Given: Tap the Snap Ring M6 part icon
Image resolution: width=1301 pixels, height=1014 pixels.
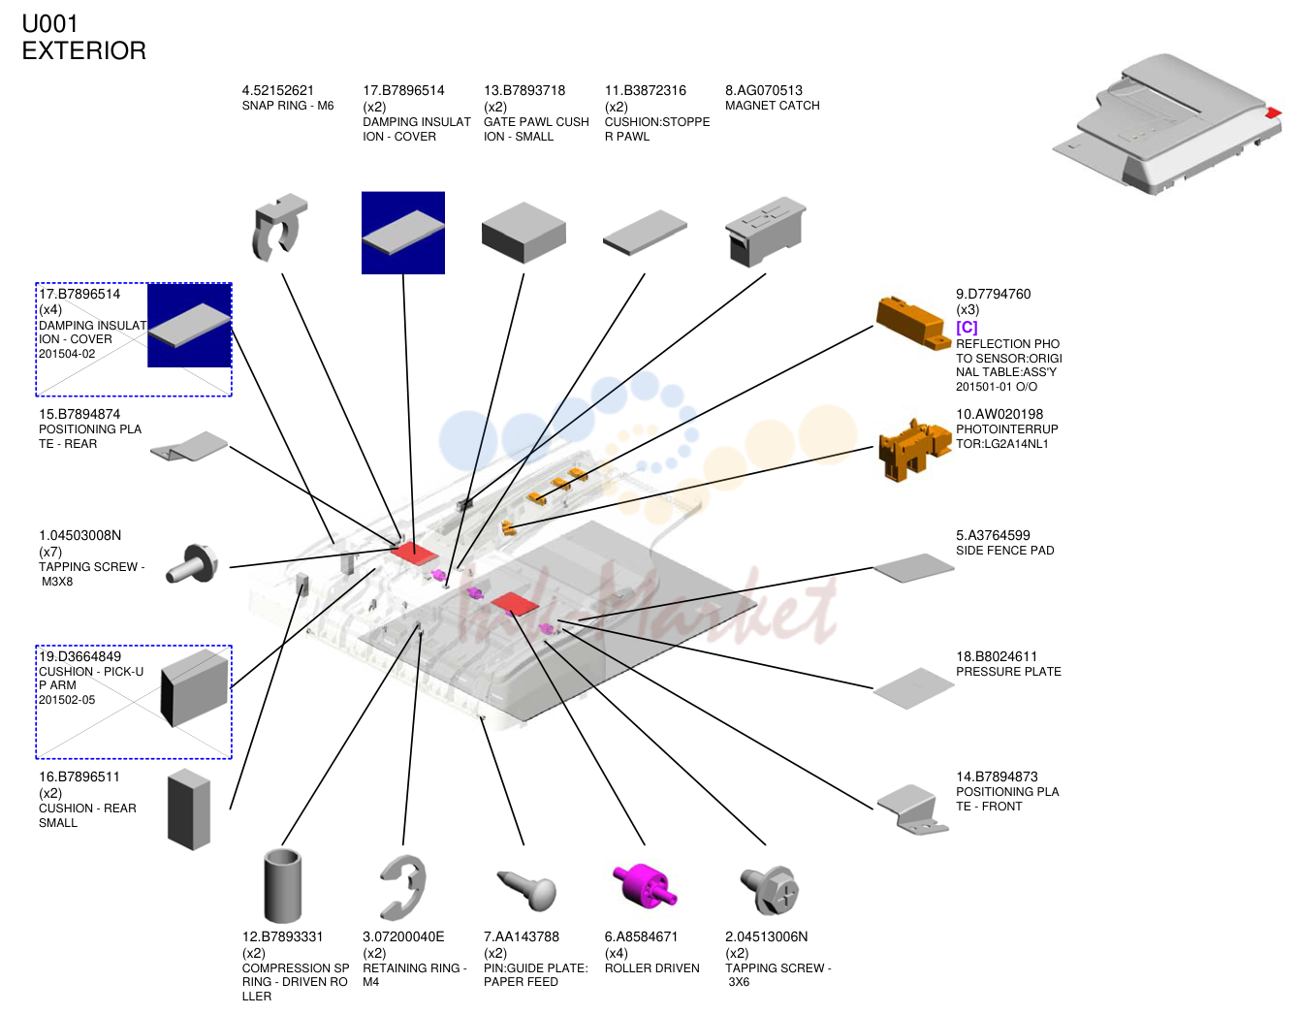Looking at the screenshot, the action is coord(279,228).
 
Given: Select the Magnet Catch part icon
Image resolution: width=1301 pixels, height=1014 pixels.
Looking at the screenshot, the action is coord(765,232).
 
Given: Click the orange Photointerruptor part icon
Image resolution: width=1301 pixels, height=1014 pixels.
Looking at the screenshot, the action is coord(913,448).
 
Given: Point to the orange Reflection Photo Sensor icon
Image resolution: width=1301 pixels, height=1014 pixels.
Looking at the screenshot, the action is coord(913,323).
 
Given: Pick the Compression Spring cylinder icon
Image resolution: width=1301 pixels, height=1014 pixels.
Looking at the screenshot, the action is coord(282,885).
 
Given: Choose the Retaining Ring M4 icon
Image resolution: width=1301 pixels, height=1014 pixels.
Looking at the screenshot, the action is coord(403,887).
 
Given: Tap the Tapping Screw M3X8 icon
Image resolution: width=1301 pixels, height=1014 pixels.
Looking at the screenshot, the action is coord(192,563).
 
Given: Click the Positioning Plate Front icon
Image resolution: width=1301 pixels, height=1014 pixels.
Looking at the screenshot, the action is coord(912,809).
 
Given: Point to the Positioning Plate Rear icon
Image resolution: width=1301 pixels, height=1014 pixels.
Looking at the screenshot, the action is coord(189,446).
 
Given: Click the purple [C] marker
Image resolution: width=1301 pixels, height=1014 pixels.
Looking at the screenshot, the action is coord(967,328).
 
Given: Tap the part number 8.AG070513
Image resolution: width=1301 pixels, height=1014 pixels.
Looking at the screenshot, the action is coord(763,90).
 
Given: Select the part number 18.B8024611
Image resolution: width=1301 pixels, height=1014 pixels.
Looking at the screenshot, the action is coord(997,656).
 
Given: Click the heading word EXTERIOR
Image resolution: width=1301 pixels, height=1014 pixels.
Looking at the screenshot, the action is coord(83,50).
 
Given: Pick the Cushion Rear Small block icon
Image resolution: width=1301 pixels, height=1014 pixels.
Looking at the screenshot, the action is coord(189,809).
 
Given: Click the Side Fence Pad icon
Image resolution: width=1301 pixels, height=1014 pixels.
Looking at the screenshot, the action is coord(913,567).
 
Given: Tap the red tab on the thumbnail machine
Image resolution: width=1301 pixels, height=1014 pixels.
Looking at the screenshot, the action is coord(1274,112).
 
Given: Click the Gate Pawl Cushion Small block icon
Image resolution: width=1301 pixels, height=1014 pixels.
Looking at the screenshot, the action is coord(524,233).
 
